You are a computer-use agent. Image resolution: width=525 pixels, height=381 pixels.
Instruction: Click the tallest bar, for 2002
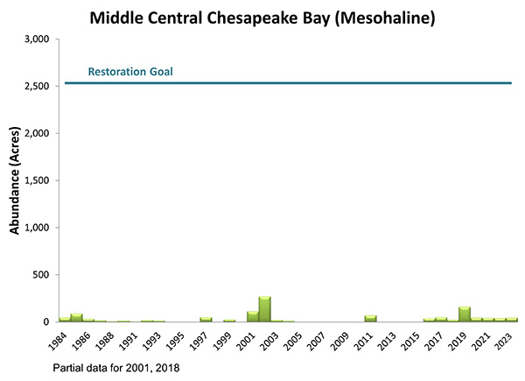264,309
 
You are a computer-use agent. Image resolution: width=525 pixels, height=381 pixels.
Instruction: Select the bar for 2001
253,316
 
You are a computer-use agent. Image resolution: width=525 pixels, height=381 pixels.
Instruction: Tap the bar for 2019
465,314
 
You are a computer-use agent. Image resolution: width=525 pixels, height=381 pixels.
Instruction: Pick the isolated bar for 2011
370,318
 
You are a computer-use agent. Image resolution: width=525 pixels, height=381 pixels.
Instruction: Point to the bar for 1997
206,319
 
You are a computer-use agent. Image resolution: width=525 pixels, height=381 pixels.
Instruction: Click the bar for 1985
77,317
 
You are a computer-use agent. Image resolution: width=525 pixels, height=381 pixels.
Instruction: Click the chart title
262,17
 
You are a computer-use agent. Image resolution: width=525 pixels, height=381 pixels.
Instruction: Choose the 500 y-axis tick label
41,275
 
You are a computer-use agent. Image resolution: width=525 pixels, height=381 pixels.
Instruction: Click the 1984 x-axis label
58,338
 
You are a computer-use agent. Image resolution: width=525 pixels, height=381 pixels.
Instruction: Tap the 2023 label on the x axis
505,338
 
